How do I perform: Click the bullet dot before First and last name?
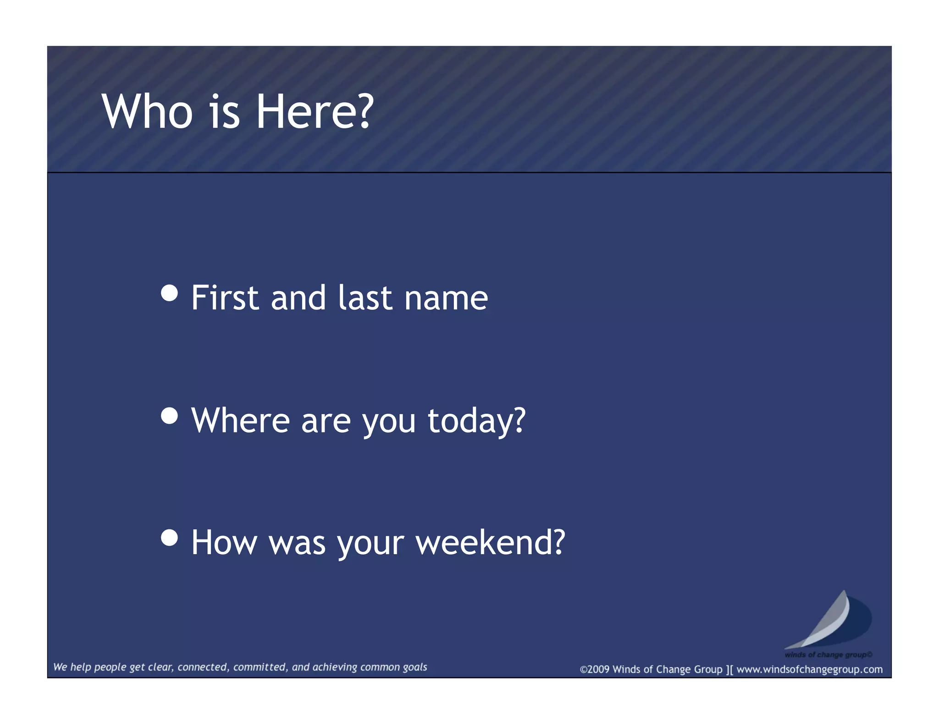pyautogui.click(x=170, y=293)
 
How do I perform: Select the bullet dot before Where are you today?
pyautogui.click(x=170, y=416)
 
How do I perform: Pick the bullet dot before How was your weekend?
pyautogui.click(x=170, y=538)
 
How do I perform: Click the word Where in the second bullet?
pyautogui.click(x=240, y=421)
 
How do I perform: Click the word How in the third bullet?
pyautogui.click(x=224, y=543)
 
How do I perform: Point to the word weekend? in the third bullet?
pyautogui.click(x=490, y=543)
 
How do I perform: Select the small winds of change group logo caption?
pyautogui.click(x=828, y=654)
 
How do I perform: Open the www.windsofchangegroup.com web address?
pyautogui.click(x=809, y=670)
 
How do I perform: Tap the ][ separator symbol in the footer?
pyautogui.click(x=729, y=670)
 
